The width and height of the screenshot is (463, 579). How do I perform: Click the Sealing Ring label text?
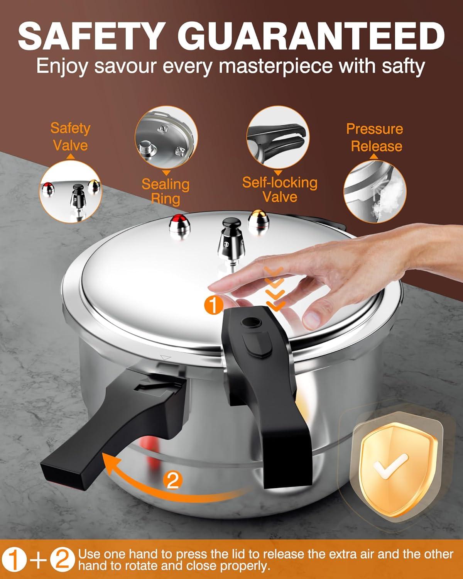[x=166, y=191]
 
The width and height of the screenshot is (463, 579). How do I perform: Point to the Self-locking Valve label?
[x=280, y=189]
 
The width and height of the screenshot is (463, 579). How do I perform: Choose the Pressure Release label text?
[x=374, y=137]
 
